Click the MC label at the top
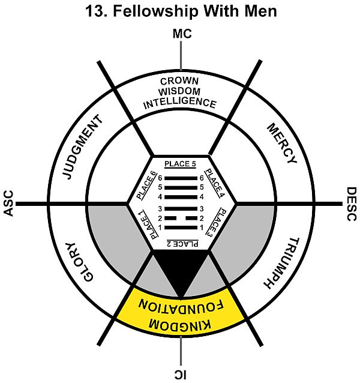click(x=181, y=35)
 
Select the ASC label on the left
click(x=8, y=204)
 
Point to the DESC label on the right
click(x=352, y=204)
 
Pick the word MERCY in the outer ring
click(x=281, y=144)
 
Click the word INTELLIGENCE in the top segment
click(x=181, y=103)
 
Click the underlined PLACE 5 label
click(x=181, y=164)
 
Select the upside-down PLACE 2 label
click(x=181, y=243)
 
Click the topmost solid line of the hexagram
click(x=181, y=178)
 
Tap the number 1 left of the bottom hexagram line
click(x=160, y=227)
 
